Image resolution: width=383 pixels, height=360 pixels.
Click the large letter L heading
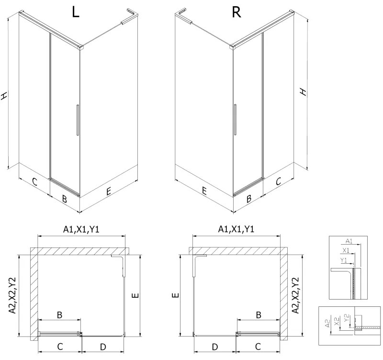coord(75,12)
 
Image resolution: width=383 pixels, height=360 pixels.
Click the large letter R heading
coord(236,12)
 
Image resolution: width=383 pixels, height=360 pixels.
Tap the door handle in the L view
coord(76,121)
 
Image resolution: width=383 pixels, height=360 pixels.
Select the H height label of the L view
coord(5,96)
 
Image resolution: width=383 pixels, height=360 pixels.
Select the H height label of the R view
coord(303,91)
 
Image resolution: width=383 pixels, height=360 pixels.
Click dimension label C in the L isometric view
coord(34,181)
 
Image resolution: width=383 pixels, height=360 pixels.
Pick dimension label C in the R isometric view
coord(278,181)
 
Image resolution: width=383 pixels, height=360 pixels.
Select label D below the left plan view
coord(102,346)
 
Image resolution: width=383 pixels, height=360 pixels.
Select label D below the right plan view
coord(215,346)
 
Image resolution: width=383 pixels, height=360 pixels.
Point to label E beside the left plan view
coord(135,295)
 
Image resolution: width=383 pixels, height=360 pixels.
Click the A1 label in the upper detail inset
coord(348,241)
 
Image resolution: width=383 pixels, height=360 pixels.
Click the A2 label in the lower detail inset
coord(327,324)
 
